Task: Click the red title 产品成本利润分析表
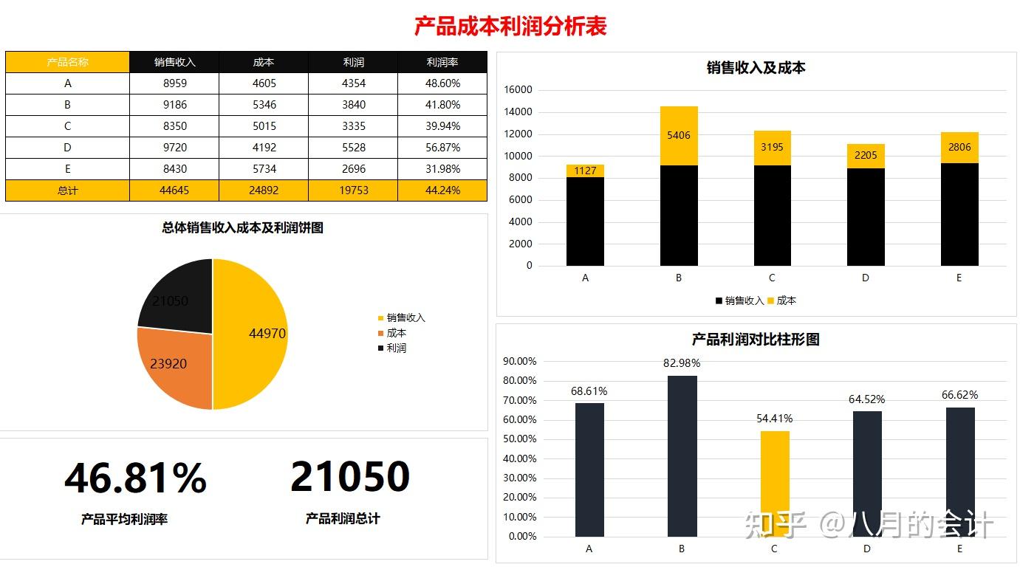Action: pyautogui.click(x=510, y=27)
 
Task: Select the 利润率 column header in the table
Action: pyautogui.click(x=442, y=62)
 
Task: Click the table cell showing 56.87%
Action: pyautogui.click(x=442, y=148)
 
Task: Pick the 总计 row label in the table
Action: pyautogui.click(x=67, y=190)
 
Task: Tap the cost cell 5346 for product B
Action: pyautogui.click(x=264, y=105)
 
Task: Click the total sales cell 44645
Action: pyautogui.click(x=174, y=190)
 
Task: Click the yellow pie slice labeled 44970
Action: pyautogui.click(x=255, y=334)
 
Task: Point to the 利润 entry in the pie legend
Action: pyautogui.click(x=396, y=348)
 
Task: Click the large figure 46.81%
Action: pyautogui.click(x=135, y=478)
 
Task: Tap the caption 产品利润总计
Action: pyautogui.click(x=343, y=519)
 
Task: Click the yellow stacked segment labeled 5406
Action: pyautogui.click(x=679, y=136)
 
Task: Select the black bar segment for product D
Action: pyautogui.click(x=866, y=217)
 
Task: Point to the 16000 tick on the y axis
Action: pyautogui.click(x=518, y=90)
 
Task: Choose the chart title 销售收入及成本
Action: pyautogui.click(x=756, y=68)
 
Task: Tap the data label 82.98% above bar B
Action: pyautogui.click(x=682, y=363)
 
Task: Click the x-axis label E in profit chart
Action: pyautogui.click(x=959, y=549)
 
